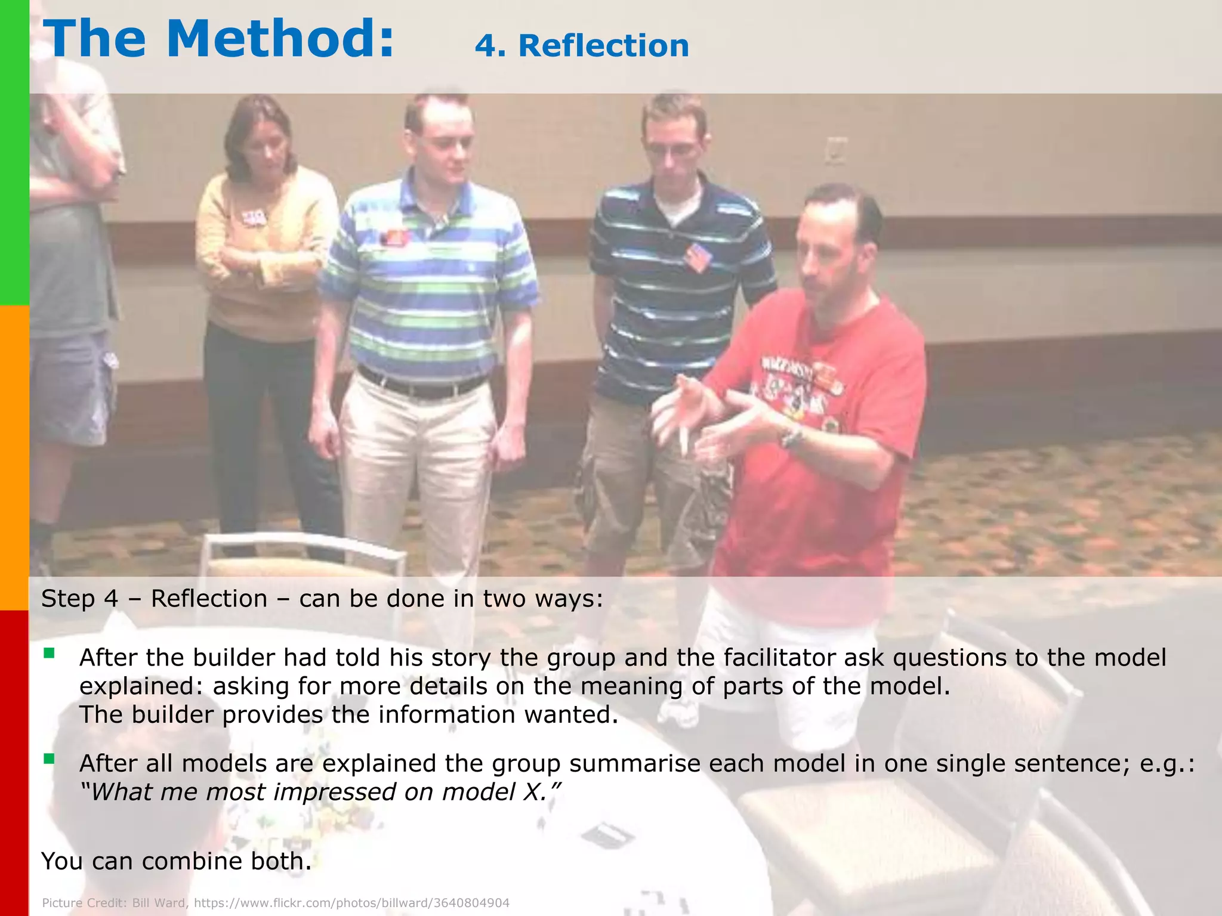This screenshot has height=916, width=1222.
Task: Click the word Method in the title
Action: (x=280, y=39)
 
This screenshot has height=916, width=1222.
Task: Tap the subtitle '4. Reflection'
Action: (x=582, y=46)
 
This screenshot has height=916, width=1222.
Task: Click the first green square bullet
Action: (x=49, y=654)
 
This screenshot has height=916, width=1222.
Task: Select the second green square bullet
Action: (x=49, y=759)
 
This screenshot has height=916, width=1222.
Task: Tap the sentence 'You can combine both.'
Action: (x=177, y=861)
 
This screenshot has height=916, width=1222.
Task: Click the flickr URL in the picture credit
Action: (x=351, y=903)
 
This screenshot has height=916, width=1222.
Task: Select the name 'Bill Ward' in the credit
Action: (x=159, y=903)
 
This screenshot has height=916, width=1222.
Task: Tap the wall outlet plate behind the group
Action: (x=837, y=149)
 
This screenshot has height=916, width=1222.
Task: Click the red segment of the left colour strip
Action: (x=14, y=763)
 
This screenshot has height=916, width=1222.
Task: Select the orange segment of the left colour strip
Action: (x=14, y=458)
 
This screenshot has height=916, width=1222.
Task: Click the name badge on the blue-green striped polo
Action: (x=396, y=237)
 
